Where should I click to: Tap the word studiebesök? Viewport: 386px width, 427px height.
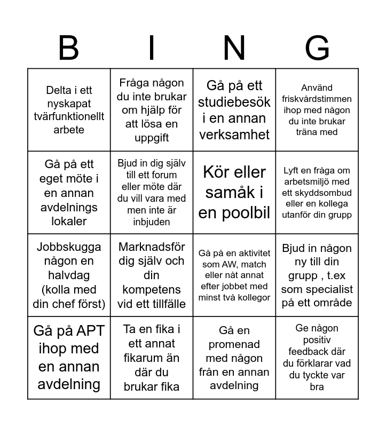click(x=234, y=101)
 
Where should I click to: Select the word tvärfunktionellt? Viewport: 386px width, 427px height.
click(x=69, y=116)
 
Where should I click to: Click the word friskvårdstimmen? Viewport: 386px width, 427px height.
click(x=317, y=99)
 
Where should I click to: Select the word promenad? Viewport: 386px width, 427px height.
click(x=234, y=344)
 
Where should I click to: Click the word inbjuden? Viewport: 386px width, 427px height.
click(x=152, y=222)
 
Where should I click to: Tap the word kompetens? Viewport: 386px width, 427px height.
click(x=152, y=289)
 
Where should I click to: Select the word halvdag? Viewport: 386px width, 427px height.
click(x=69, y=275)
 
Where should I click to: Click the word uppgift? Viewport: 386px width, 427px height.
click(x=152, y=138)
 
